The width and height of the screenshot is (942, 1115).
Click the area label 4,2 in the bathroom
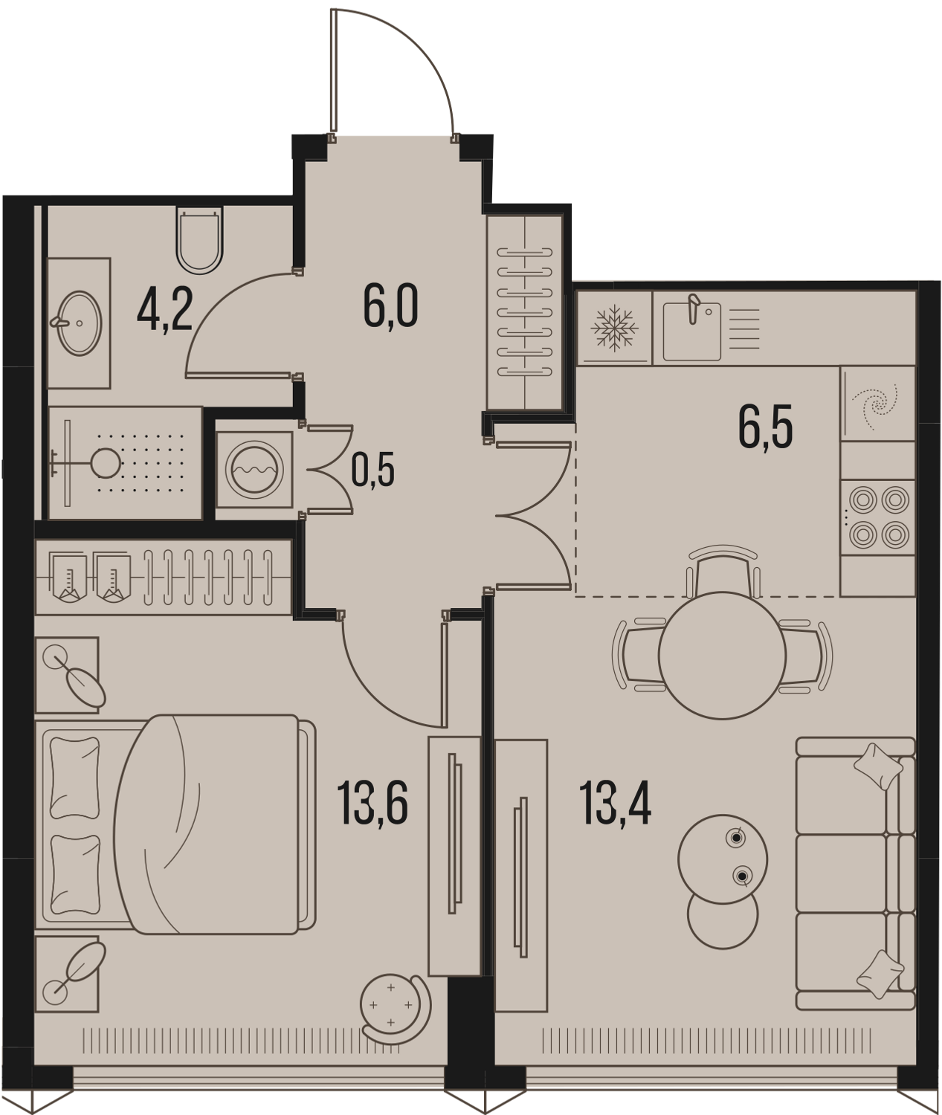[x=164, y=312]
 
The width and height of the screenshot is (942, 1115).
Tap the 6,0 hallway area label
[x=391, y=306]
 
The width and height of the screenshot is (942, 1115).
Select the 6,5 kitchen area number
[x=766, y=427]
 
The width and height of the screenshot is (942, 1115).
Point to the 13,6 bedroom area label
[x=372, y=803]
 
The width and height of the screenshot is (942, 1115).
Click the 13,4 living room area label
[x=615, y=803]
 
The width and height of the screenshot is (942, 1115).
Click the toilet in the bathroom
[x=199, y=240]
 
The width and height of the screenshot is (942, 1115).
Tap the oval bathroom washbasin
[x=79, y=323]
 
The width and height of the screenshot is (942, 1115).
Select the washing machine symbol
[x=255, y=470]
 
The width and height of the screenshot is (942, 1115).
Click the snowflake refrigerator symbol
[x=615, y=328]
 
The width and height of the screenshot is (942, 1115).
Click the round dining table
[x=722, y=655]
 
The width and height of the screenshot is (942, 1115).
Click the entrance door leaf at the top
[x=334, y=71]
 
